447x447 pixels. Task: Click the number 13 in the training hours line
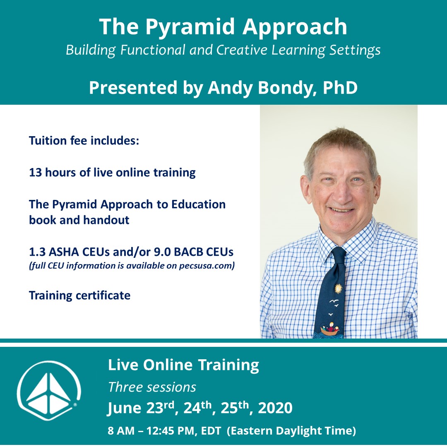pos(36,172)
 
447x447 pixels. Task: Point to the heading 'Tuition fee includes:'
pos(84,141)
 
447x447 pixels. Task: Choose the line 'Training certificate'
pos(79,296)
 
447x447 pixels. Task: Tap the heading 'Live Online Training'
pos(183,365)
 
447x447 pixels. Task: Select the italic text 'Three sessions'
pos(152,387)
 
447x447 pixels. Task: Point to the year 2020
pos(275,409)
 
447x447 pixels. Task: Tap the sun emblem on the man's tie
pos(338,288)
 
